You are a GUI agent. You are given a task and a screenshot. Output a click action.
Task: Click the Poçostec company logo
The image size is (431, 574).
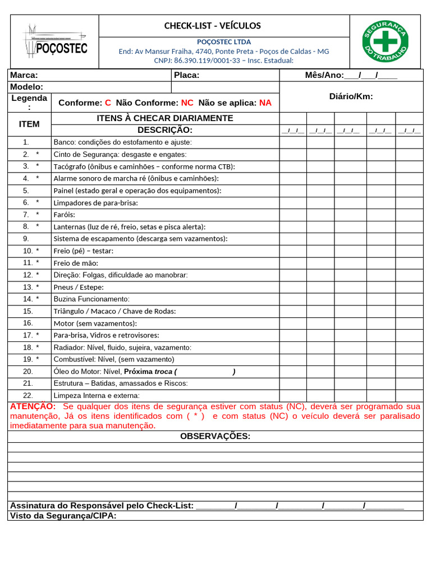coord(55,41)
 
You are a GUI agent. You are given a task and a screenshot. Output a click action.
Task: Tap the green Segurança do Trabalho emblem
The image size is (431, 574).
coord(386,41)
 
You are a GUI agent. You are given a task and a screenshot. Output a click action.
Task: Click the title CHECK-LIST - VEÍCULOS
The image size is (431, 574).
coord(212,26)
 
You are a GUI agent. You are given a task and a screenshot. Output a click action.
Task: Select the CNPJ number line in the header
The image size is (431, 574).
coord(223,61)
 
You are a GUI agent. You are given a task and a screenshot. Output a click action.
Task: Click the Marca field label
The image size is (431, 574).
coord(24,75)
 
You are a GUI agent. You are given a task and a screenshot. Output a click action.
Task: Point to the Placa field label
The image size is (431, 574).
coord(186,75)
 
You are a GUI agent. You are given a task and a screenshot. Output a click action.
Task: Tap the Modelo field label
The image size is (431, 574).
coord(26,87)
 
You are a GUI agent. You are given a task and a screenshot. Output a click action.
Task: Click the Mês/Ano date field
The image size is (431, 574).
coord(351,75)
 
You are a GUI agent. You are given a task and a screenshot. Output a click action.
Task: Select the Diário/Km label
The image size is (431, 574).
coord(351,96)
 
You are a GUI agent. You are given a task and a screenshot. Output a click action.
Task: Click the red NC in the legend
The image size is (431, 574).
coord(187,103)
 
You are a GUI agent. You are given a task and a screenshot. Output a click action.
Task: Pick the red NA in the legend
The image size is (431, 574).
coord(265,103)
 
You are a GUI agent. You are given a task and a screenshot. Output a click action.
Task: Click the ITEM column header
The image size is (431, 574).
coord(29,124)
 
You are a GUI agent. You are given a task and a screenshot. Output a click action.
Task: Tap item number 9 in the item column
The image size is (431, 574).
coord(26,239)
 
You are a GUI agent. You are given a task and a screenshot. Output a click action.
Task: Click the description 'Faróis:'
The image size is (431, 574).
coord(64,215)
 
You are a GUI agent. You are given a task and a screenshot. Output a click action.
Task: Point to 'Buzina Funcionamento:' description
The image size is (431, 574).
coord(91,299)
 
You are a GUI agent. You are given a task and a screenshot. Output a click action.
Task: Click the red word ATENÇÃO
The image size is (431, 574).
coord(33,406)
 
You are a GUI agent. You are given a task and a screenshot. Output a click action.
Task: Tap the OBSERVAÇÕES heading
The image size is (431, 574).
coord(215,437)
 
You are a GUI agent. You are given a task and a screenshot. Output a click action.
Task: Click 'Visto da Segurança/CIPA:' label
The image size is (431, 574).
coord(63,516)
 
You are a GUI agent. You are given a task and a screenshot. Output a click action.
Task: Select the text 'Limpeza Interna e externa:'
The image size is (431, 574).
coord(96,396)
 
